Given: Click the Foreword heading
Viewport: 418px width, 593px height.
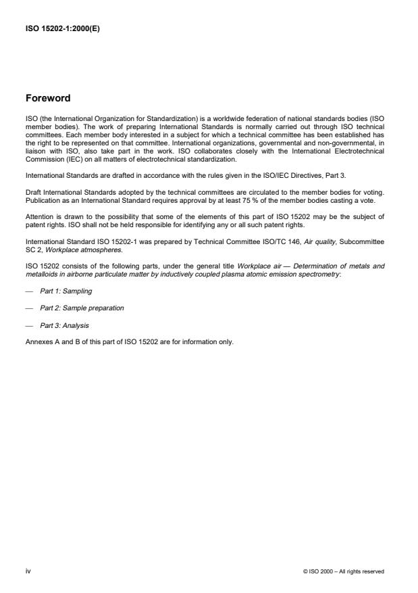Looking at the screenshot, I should point(48,97).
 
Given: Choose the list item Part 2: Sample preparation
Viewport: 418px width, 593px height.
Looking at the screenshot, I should point(82,308).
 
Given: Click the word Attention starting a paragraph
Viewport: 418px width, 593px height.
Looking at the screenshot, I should point(39,216).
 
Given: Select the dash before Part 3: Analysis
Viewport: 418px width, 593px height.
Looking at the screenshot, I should point(28,325).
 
